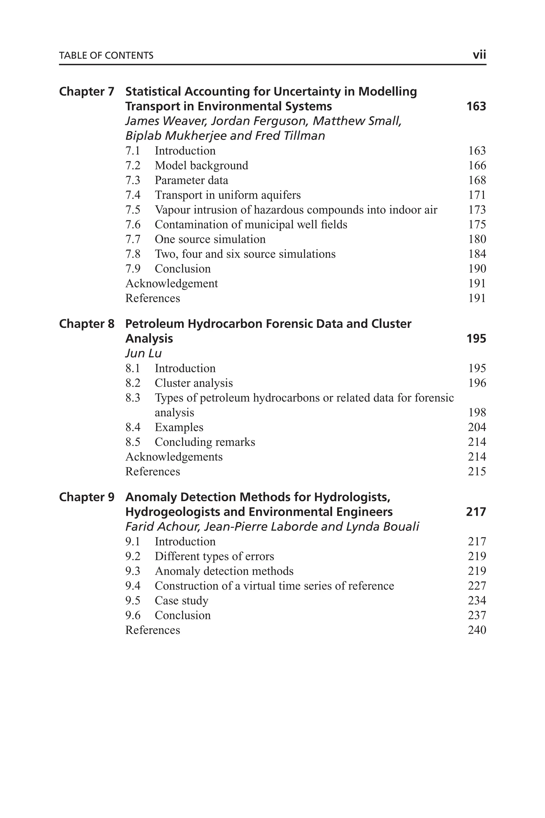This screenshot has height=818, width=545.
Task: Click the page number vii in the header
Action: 479,55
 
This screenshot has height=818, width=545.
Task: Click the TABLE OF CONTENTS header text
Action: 106,56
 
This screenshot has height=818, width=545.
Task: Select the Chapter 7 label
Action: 86,92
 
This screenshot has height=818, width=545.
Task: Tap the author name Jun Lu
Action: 143,353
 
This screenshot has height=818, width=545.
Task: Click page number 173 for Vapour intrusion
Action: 477,210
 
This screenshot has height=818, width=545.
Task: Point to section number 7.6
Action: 133,225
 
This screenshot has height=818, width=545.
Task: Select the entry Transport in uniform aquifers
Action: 228,195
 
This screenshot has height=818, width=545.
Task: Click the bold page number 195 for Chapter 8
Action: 476,338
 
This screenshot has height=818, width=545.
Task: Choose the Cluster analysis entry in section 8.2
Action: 194,383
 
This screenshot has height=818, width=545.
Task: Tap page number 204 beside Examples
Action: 477,427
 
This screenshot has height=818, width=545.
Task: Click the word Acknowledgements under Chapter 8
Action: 174,457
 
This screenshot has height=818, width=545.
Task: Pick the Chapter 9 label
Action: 86,497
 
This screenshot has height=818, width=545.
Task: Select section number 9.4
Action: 133,586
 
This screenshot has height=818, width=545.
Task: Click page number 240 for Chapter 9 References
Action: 477,630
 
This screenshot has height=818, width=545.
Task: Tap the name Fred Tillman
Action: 290,136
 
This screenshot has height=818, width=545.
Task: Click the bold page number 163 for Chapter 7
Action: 476,106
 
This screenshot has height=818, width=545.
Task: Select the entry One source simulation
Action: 210,239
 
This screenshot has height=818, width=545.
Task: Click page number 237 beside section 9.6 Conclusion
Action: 477,615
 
